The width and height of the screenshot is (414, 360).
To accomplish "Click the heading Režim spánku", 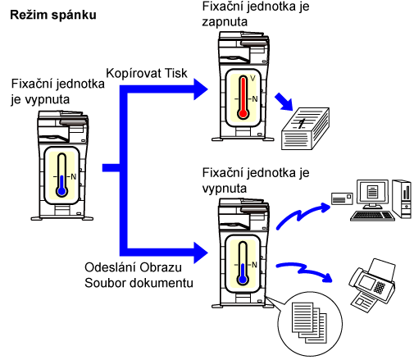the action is (x=53, y=15).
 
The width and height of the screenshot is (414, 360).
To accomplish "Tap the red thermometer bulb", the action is (x=243, y=114).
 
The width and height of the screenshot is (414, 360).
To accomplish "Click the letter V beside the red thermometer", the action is (x=252, y=79).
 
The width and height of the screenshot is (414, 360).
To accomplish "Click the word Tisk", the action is (x=176, y=73).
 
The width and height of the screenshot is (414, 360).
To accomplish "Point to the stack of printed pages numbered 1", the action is (x=305, y=129).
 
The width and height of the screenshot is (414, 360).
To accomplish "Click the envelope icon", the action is (x=342, y=198).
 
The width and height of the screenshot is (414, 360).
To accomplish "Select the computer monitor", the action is (x=372, y=194).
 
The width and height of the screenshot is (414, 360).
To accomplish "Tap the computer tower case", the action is (x=402, y=198).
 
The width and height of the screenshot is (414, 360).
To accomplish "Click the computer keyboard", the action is (x=372, y=216).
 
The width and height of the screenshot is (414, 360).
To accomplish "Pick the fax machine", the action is (x=372, y=285).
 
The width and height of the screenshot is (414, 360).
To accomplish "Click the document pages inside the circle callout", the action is (x=309, y=322).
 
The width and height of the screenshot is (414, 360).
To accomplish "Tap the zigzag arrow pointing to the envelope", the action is (x=303, y=216).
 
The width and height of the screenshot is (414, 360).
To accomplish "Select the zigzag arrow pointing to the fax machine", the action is (x=304, y=271).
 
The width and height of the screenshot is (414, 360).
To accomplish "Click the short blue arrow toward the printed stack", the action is (x=284, y=102).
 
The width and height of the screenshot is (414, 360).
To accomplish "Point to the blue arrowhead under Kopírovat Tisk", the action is (x=201, y=89).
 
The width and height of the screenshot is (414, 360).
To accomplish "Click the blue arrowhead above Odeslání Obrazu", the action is (x=201, y=253).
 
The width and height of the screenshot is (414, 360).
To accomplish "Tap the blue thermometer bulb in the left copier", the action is (x=61, y=191).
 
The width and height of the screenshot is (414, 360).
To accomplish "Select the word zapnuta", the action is (x=225, y=22).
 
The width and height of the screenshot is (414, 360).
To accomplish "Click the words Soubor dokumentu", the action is (x=139, y=283).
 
